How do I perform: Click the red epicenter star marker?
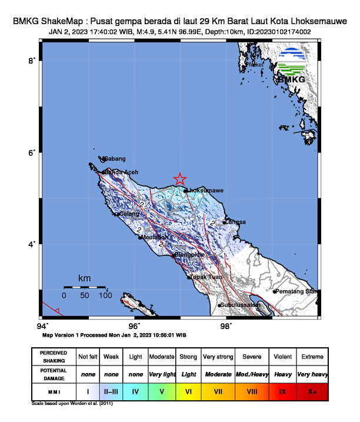coord(180,179)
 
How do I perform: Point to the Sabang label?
coord(115,158)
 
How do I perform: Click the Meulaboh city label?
coord(155,237)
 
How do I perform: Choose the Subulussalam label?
coord(239,305)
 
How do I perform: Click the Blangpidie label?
coord(189,255)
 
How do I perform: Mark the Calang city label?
coord(129,214)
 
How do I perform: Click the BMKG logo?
coord(291,65)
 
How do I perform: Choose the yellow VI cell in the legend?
coord(188,390)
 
